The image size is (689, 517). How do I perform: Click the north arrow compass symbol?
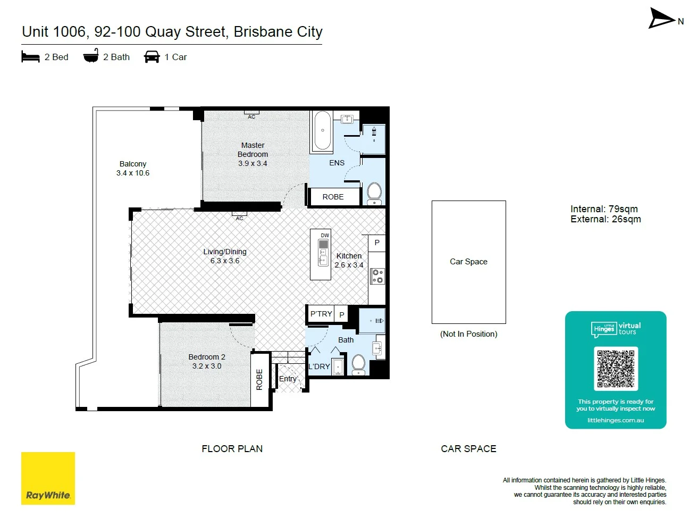coord(661,19)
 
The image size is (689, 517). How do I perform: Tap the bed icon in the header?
coord(30,56)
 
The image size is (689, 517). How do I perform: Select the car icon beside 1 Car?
coord(152,57)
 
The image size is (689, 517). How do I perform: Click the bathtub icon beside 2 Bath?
coord(91,56)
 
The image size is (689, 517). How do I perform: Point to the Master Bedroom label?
coord(253,149)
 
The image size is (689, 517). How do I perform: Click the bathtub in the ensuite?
coord(322,130)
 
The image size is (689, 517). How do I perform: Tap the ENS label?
coord(337,163)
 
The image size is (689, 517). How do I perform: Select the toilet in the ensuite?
coord(374,194)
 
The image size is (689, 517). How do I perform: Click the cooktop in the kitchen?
coord(377,276)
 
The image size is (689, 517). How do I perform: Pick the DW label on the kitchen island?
coord(325,235)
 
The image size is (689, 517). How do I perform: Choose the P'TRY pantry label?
coord(321,314)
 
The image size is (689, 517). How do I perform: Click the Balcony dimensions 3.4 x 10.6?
coord(133,173)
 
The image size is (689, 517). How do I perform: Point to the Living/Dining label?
coord(225,252)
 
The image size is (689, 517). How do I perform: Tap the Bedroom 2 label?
coord(207,357)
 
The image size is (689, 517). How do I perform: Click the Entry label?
coord(288,379)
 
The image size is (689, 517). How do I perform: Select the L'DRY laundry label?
coord(319,366)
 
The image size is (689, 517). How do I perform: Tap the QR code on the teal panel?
coord(616,368)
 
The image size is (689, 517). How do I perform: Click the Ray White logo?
coord(48,478)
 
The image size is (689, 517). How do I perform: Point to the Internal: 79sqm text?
coord(604,209)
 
